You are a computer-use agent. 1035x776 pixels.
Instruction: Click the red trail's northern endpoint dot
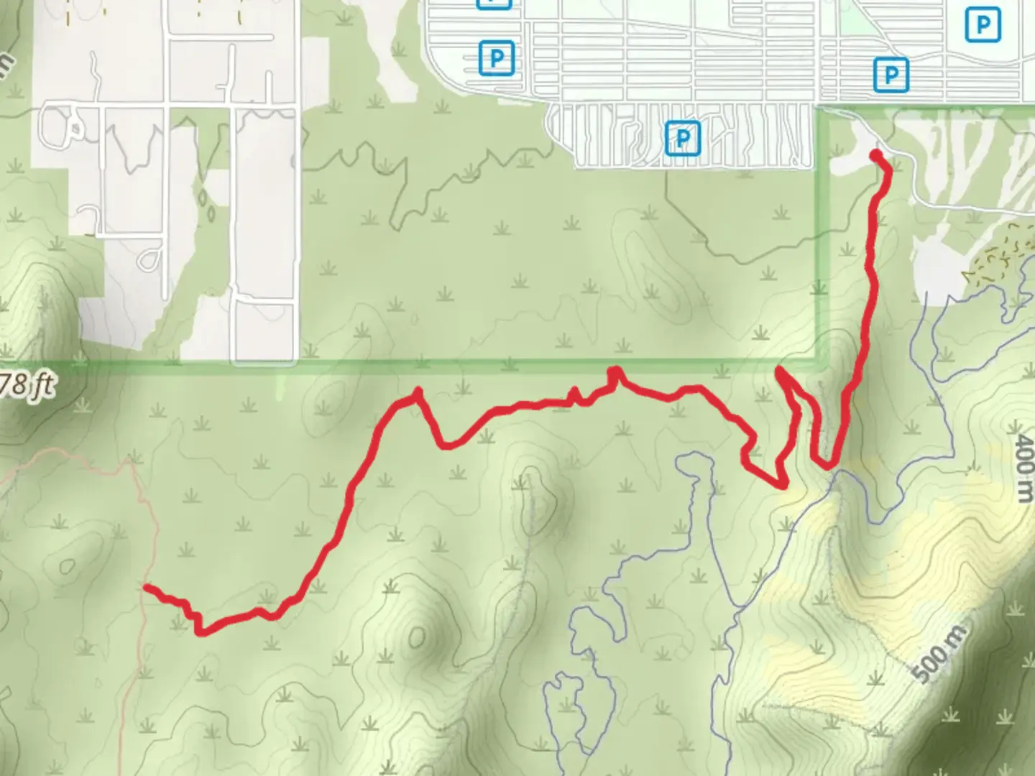(875, 154)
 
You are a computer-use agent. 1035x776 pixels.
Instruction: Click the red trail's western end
(147, 588)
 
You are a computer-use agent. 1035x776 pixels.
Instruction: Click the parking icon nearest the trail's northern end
(891, 74)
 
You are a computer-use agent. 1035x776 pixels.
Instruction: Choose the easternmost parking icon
(982, 25)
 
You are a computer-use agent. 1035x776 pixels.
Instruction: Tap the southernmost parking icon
(682, 137)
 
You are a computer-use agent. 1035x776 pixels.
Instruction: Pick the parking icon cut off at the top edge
(494, 3)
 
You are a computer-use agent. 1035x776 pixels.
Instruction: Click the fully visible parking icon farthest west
(496, 57)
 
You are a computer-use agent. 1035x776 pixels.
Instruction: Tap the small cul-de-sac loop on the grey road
(149, 259)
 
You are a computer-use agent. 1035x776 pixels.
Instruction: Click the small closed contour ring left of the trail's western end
(68, 567)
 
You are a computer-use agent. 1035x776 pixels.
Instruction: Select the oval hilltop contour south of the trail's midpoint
(417, 636)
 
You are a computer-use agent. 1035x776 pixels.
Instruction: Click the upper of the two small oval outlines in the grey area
(203, 196)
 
